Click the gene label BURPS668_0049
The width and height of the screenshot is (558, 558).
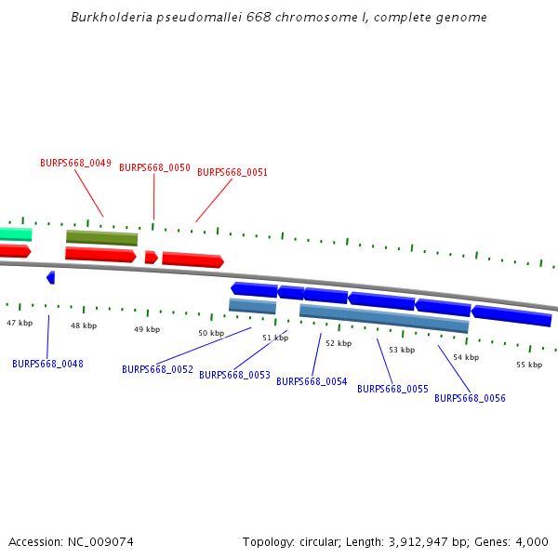[75, 163]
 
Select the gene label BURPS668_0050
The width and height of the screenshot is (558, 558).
[154, 167]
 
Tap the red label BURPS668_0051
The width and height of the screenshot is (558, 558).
[232, 172]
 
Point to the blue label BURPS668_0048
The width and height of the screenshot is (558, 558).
[47, 364]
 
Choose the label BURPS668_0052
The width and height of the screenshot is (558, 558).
[157, 369]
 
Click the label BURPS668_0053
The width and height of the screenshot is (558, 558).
[234, 375]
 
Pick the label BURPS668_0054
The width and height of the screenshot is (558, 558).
[312, 381]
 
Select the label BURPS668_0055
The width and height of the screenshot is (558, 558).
[392, 389]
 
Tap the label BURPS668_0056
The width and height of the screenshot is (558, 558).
[470, 398]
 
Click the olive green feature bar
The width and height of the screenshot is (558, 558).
[101, 238]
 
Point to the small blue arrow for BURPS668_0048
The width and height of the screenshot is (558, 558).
[51, 277]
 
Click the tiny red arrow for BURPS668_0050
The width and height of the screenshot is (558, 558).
[152, 257]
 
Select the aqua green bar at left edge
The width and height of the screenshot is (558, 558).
[16, 233]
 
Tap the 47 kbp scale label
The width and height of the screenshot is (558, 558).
[20, 323]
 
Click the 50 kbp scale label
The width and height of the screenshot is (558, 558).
[211, 333]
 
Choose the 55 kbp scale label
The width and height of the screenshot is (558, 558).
[529, 365]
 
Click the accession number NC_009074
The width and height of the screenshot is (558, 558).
[100, 541]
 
